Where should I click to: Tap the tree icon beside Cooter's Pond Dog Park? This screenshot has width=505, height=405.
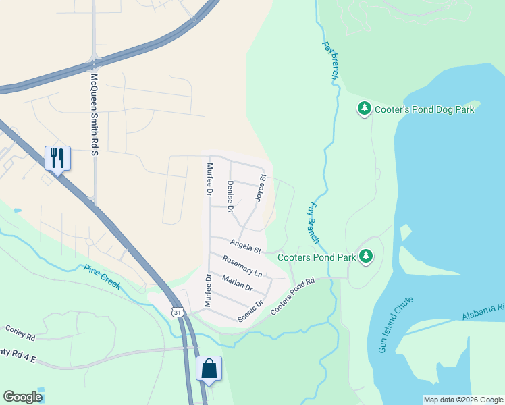click(365, 108)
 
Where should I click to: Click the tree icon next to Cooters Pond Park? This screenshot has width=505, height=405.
click(366, 256)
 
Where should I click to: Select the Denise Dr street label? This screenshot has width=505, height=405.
click(230, 197)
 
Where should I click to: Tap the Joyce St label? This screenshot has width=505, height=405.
click(261, 188)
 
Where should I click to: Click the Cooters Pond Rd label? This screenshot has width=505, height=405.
click(293, 297)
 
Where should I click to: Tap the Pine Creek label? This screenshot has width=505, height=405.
click(102, 277)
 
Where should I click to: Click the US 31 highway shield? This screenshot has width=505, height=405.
click(178, 312)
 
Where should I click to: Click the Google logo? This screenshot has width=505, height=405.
click(22, 397)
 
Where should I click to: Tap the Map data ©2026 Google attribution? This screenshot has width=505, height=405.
click(463, 400)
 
